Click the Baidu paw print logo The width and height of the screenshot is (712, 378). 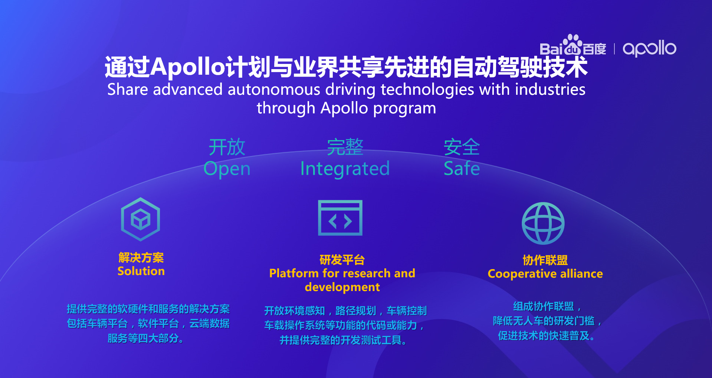pos(572,45)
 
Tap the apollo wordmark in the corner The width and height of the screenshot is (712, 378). pos(649,48)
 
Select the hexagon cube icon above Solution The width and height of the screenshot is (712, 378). pos(141,219)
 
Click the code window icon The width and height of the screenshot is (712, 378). pos(340,218)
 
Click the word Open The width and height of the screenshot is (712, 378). pos(227,169)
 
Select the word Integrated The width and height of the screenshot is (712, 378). pos(345,169)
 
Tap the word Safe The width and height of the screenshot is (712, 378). pos(462,168)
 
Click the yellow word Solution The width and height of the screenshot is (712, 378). pos(141,271)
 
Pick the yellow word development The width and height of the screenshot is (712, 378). pos(342,287)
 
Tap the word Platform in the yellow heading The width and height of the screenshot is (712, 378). pos(294,273)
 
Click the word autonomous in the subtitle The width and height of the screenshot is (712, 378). pos(274,90)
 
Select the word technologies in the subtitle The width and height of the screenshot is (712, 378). pos(427,90)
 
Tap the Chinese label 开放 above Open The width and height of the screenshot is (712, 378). pos(227,147)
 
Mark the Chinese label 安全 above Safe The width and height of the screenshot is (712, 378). pos(462,147)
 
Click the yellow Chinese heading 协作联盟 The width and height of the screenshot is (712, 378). pos(545,260)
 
